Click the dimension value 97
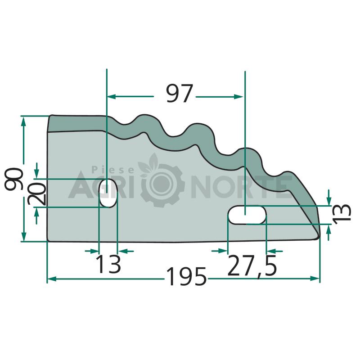[179, 93]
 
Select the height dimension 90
[14, 179]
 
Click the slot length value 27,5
[252, 266]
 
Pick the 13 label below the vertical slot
[108, 264]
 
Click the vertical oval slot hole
[108, 193]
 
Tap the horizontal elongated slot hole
[247, 215]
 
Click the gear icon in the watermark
[162, 184]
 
